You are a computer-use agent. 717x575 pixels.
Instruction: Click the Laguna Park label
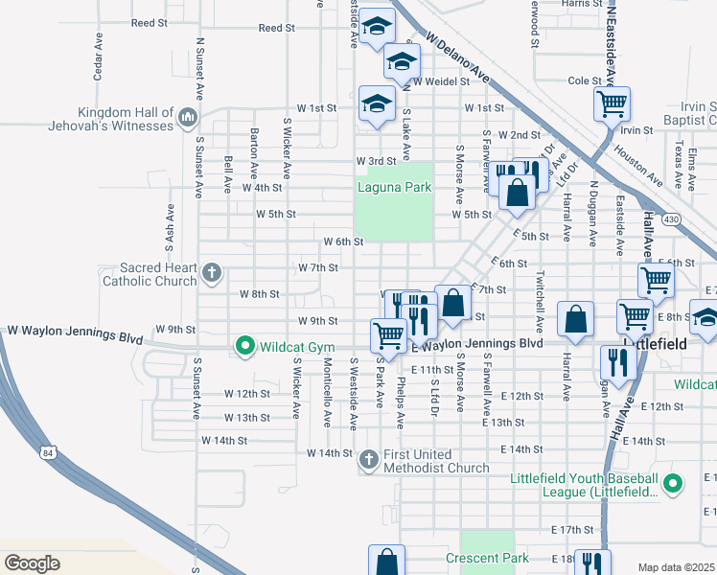click(x=394, y=187)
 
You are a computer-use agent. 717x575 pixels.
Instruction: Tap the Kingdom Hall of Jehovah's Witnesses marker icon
click(x=187, y=119)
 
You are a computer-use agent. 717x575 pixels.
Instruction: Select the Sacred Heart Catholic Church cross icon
click(x=211, y=274)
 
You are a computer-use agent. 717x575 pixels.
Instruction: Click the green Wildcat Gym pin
click(x=244, y=345)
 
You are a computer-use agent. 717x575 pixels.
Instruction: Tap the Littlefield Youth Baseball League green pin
click(x=673, y=485)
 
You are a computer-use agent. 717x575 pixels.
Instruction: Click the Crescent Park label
click(x=487, y=557)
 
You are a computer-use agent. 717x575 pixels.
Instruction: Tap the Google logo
click(x=32, y=563)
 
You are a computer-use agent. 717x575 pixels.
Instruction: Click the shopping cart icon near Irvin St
click(x=612, y=103)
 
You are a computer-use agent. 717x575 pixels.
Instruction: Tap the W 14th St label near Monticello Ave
click(x=330, y=452)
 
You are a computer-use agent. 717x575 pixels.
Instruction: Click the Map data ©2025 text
click(x=677, y=567)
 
